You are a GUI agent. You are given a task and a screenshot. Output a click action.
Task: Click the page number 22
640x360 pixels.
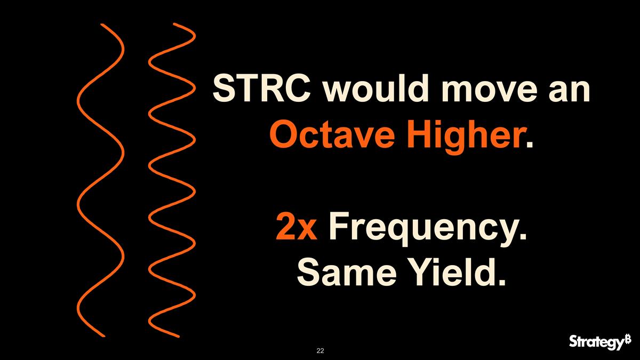[320, 350]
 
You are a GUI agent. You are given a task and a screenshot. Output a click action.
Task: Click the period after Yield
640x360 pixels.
[500, 282]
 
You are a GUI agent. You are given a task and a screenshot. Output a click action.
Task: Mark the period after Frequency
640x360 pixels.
[522, 236]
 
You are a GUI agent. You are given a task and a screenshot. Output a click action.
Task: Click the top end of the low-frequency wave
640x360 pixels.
[101, 25]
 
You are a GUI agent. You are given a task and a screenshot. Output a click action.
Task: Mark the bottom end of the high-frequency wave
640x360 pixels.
[179, 335]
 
